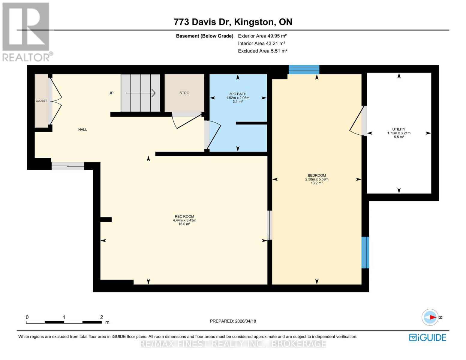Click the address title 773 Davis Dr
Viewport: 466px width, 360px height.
point(233,22)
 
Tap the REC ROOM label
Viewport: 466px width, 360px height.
point(184,217)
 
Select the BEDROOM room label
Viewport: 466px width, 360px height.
point(317,175)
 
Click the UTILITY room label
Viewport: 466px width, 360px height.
point(398,129)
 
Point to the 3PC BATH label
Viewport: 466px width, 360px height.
point(238,94)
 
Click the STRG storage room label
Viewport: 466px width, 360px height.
point(184,93)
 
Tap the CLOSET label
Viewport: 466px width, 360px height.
point(41,101)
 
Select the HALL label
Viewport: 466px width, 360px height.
point(83,130)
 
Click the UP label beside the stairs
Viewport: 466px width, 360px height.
point(111,93)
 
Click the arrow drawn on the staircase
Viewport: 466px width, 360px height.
point(140,93)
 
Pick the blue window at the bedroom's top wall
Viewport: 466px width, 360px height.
point(304,70)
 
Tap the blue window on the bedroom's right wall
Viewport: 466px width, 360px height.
point(365,252)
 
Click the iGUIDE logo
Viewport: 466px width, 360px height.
point(427,337)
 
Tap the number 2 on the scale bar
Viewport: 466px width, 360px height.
point(101,317)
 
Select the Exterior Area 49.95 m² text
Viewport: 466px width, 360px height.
point(262,36)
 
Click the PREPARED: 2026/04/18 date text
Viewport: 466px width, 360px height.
point(233,321)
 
